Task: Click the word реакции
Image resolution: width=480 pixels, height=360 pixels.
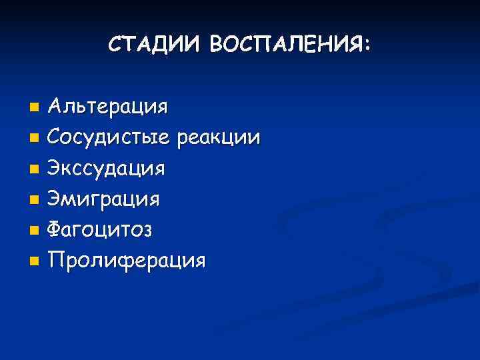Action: tap(219, 139)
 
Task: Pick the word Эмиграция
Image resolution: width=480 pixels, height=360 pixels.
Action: tap(104, 199)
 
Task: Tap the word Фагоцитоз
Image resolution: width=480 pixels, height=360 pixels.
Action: tap(100, 230)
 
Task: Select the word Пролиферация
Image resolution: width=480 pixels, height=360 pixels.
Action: tap(127, 260)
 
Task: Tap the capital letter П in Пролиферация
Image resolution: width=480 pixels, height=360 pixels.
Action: tap(57, 259)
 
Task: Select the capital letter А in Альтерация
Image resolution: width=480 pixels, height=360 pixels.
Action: tap(57, 106)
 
